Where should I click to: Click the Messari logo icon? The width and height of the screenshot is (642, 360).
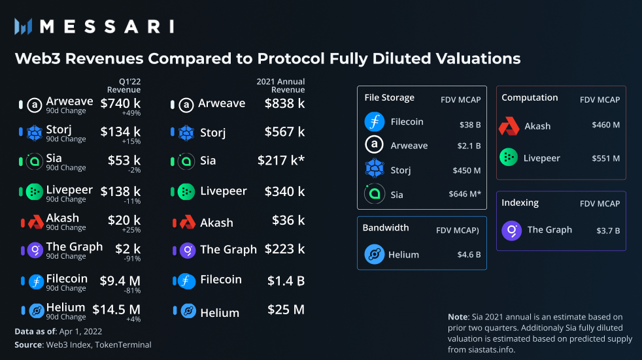(x=24, y=26)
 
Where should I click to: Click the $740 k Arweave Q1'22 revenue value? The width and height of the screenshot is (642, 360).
(x=120, y=103)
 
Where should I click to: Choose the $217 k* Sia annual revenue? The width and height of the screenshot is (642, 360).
(x=281, y=161)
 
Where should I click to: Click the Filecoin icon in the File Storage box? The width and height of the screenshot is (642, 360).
(x=375, y=122)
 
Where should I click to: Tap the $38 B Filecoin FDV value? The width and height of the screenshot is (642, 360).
(x=470, y=123)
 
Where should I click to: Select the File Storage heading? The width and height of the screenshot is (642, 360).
(x=389, y=97)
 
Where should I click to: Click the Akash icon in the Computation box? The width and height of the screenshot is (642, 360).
(x=509, y=126)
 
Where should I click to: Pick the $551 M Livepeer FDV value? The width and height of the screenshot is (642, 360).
(x=605, y=158)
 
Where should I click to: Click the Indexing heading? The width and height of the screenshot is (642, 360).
(x=520, y=203)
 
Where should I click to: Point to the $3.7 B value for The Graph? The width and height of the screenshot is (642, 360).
(x=608, y=231)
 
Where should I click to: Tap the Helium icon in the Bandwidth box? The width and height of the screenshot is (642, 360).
(x=375, y=254)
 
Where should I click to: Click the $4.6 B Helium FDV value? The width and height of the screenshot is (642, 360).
(x=469, y=255)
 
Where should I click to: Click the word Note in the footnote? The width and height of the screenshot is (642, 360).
(x=458, y=317)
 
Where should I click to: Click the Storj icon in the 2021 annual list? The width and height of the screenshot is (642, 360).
(x=186, y=133)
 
